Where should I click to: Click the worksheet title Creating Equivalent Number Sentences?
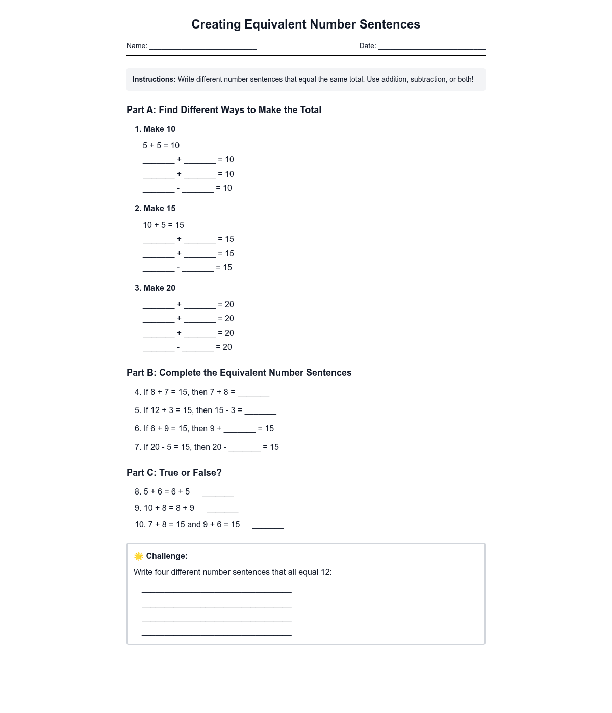point(305,24)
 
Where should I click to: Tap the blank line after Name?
point(203,46)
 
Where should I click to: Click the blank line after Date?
point(431,46)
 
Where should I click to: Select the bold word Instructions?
point(154,79)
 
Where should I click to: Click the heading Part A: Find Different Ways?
point(224,110)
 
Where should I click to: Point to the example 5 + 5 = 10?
point(161,145)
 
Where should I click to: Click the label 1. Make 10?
point(155,129)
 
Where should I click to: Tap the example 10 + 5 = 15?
point(163,225)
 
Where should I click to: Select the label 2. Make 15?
point(155,209)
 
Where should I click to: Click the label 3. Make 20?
point(155,288)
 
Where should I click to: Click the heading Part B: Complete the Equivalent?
point(239,373)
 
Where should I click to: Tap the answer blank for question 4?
point(253,393)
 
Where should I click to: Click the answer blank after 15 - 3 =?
point(260,411)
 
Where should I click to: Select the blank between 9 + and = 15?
point(240,429)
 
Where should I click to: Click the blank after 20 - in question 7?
point(244,448)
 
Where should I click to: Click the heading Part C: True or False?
point(174,473)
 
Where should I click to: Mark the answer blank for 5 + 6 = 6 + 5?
point(218,492)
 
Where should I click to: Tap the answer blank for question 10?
point(268,525)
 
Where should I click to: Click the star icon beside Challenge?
point(139,556)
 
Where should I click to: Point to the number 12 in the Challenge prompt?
point(325,572)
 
